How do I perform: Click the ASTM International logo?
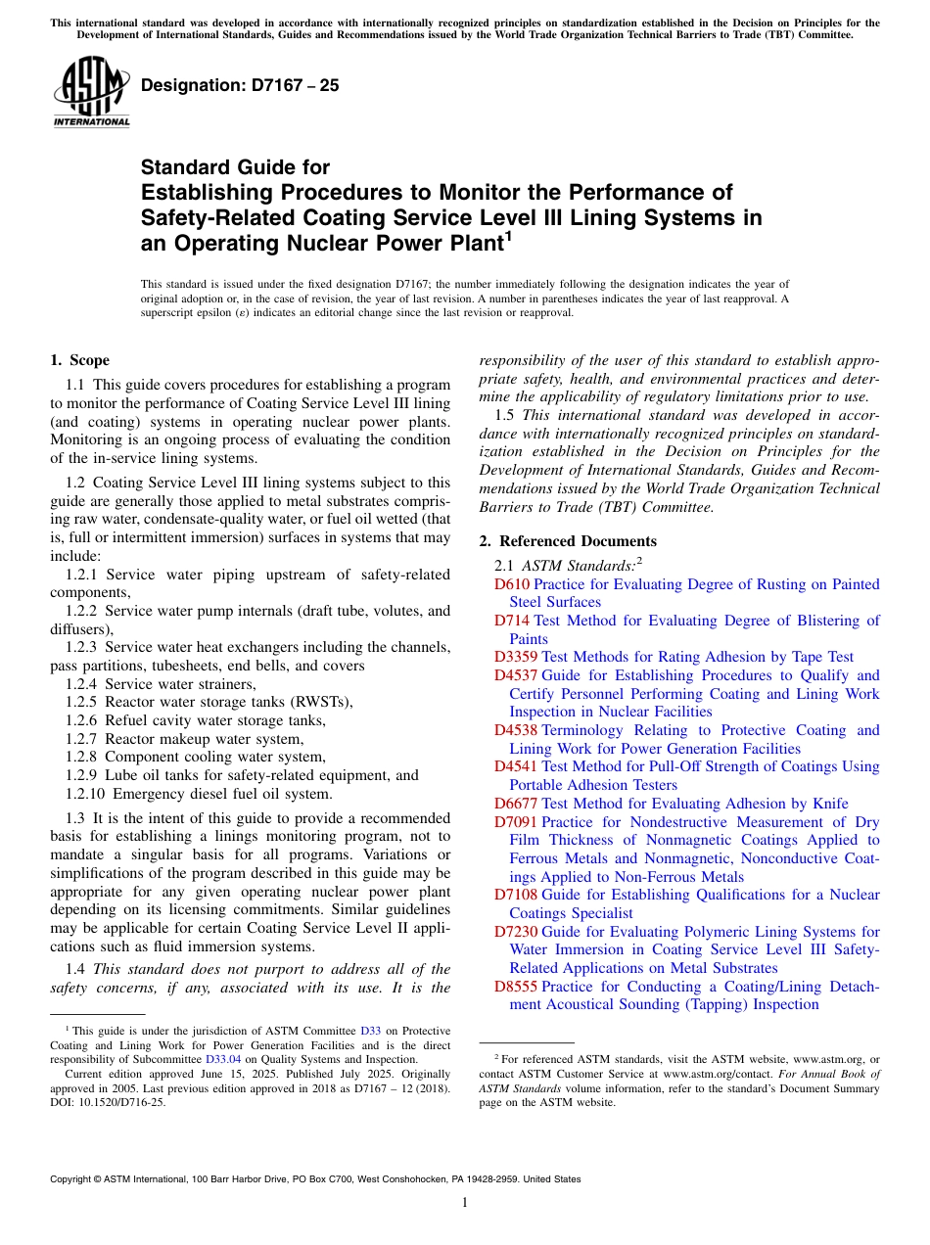(x=91, y=94)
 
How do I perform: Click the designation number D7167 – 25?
(x=240, y=85)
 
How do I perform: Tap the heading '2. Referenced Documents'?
(x=568, y=541)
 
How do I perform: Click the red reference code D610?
(x=511, y=584)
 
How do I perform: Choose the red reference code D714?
(x=511, y=621)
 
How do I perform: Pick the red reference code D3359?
(x=516, y=657)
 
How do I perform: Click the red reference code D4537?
(x=516, y=675)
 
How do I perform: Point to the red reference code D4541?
(x=516, y=766)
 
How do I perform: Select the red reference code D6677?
(x=516, y=804)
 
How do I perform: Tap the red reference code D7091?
(x=516, y=822)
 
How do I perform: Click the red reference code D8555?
(x=516, y=987)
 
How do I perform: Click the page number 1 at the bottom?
(x=465, y=1202)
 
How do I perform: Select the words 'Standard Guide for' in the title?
(x=235, y=167)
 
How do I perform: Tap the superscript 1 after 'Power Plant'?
(x=508, y=237)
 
